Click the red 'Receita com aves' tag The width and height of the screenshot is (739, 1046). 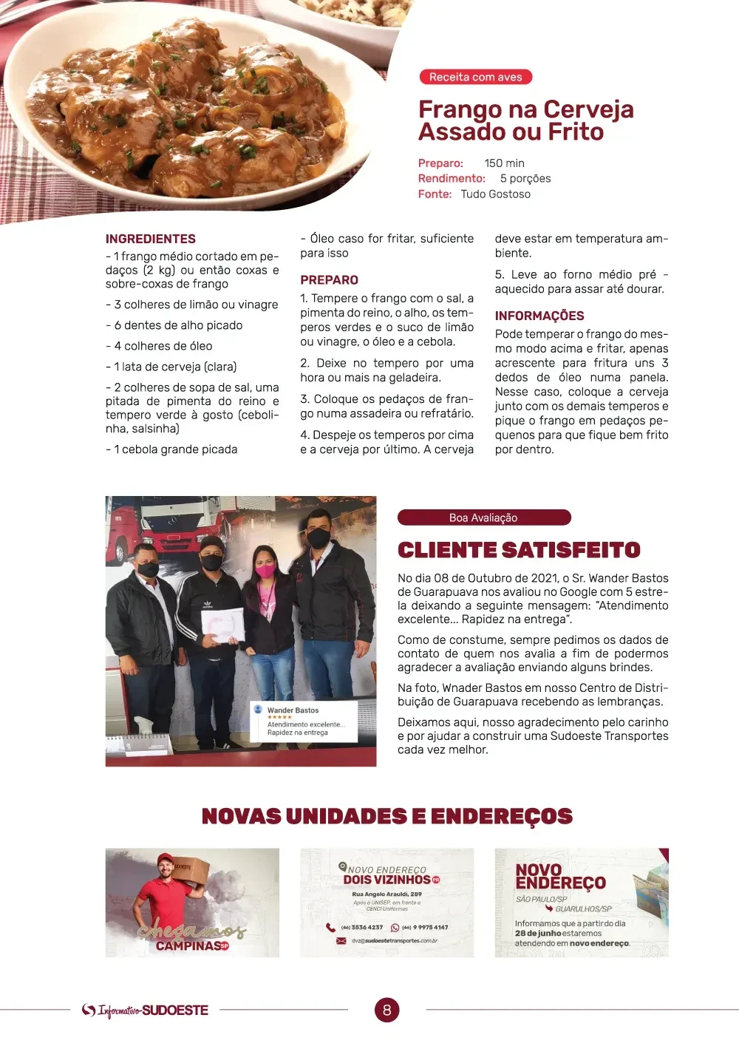click(x=475, y=77)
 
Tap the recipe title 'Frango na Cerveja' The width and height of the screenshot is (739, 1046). click(x=525, y=109)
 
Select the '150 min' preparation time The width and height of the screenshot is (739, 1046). click(x=504, y=163)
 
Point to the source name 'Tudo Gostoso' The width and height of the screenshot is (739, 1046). click(x=495, y=194)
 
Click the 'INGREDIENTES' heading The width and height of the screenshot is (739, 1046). click(x=151, y=239)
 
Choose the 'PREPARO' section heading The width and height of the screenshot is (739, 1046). click(x=329, y=280)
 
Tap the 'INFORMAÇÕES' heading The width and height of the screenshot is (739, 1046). click(x=539, y=316)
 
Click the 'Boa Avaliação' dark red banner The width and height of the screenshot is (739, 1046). click(x=483, y=517)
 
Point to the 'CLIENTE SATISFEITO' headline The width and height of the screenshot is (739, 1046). click(x=519, y=550)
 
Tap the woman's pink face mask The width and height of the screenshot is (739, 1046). click(x=265, y=570)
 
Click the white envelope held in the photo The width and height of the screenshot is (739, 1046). click(x=222, y=624)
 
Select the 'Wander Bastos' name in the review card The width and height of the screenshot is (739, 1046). click(x=293, y=710)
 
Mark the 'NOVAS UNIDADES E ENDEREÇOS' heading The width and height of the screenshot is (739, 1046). click(x=387, y=816)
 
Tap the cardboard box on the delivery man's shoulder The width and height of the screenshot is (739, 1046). click(x=191, y=869)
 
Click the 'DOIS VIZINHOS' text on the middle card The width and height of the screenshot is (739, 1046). click(x=386, y=880)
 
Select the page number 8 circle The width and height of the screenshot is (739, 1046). click(x=386, y=1010)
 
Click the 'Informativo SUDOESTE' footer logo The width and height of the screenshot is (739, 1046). click(x=146, y=1011)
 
